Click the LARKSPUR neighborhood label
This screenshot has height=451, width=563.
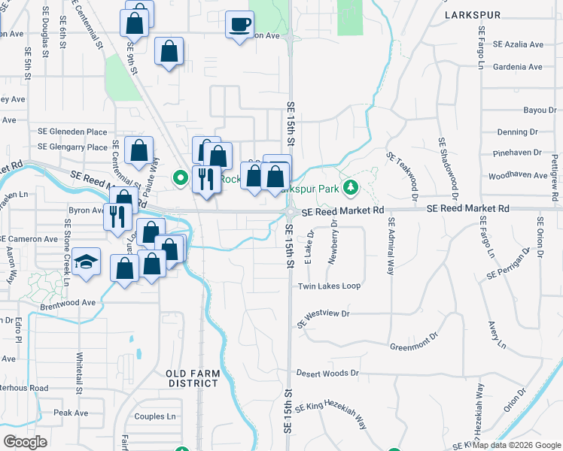click(472, 14)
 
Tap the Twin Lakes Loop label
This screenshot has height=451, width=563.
click(329, 286)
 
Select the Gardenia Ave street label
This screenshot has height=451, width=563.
click(517, 67)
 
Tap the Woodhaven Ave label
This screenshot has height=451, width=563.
click(521, 175)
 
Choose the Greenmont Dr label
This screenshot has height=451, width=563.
click(414, 345)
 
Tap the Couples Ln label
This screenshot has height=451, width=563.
click(154, 416)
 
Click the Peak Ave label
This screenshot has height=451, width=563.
click(71, 413)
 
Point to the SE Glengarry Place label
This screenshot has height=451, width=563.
click(72, 147)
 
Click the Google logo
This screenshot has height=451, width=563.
click(25, 442)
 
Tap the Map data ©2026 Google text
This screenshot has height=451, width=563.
click(517, 445)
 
